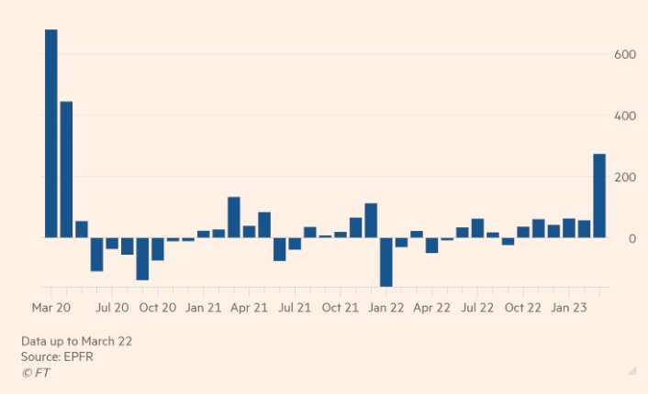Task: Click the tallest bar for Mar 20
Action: click(51, 134)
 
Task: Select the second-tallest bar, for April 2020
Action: click(66, 170)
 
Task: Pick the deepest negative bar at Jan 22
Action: click(385, 262)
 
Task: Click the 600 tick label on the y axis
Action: click(625, 55)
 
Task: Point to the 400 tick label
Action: click(625, 115)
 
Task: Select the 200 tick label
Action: click(625, 177)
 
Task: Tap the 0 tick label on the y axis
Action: click(632, 238)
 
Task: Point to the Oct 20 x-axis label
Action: click(158, 308)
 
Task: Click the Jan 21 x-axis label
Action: click(203, 308)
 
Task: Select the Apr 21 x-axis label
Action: click(248, 308)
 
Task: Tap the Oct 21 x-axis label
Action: click(340, 308)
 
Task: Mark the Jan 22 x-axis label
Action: click(385, 308)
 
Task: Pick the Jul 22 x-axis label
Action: click(477, 308)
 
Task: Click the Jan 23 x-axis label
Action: click(569, 308)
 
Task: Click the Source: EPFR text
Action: click(57, 356)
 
